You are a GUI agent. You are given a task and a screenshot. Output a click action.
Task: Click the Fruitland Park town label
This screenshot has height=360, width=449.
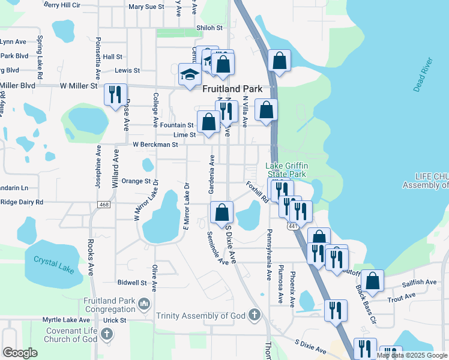coord(232,88)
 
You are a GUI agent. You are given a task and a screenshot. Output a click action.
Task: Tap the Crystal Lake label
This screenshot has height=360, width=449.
coord(53,265)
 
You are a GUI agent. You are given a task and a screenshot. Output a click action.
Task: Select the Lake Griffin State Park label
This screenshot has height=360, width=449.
coord(286,170)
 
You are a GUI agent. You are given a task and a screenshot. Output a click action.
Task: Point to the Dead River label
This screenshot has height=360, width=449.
coord(424,75)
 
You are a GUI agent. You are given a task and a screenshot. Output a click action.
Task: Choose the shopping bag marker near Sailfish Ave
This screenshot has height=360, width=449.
coord(373,280)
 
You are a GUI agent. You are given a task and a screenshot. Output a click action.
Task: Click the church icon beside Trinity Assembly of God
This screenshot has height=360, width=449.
coord(254,315)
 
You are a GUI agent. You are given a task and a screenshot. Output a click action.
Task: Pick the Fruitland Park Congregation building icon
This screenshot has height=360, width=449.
coord(143,305)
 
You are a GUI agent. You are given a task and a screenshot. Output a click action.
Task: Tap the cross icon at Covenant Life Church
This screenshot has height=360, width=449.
coord(107,334)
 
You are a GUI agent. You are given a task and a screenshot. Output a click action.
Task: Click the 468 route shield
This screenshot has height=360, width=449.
coord(104,205)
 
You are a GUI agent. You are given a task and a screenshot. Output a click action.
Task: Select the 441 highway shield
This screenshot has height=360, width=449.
coord(292,225)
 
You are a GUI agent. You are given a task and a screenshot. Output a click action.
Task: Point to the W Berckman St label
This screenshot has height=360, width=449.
coord(155,145)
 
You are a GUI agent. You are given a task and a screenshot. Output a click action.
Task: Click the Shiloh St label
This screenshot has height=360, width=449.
coord(209,28)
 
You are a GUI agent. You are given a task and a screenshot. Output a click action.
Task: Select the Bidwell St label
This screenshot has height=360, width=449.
coord(132,282)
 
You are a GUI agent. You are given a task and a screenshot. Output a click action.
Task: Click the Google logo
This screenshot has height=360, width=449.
coord(20,353)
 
